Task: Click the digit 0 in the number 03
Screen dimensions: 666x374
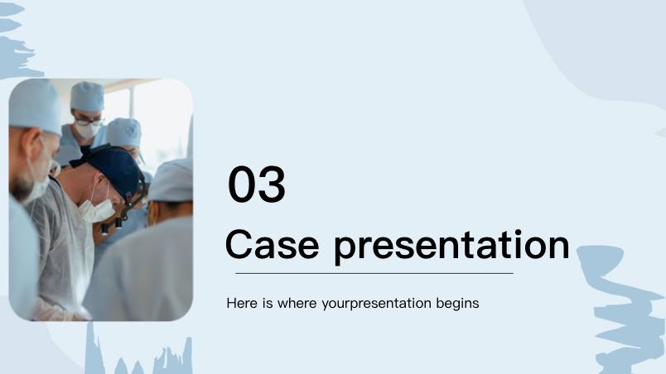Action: click(242, 184)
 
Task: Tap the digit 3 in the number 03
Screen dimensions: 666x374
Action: click(272, 184)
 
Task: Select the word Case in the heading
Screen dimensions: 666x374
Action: click(272, 244)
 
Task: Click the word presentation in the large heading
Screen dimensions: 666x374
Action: click(451, 247)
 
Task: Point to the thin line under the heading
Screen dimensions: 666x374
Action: click(374, 274)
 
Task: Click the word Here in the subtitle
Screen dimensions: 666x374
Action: click(242, 303)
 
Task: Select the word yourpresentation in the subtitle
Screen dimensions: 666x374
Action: click(377, 304)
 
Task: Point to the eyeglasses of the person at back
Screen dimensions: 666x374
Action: click(89, 122)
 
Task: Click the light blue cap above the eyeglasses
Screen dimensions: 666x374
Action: click(87, 96)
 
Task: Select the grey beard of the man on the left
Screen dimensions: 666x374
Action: click(22, 189)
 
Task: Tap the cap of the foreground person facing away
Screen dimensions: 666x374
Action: click(171, 180)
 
